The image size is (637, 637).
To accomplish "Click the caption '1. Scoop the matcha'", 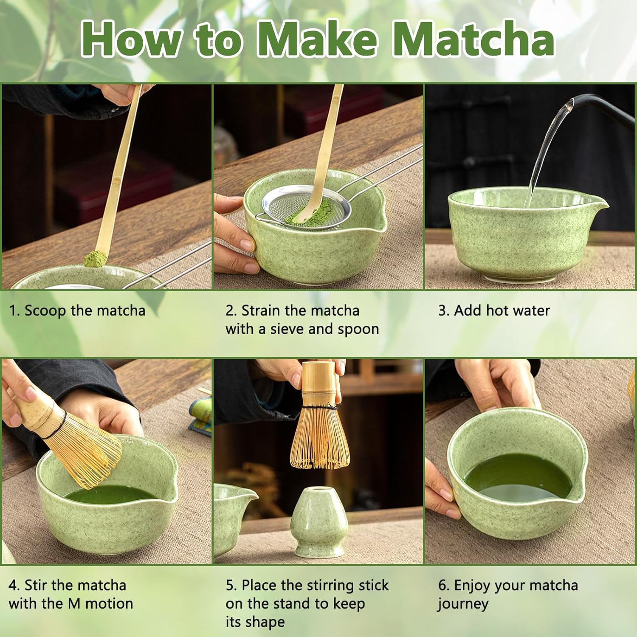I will pos(77,310).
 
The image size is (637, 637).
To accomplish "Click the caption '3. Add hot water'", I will pos(494,310).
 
